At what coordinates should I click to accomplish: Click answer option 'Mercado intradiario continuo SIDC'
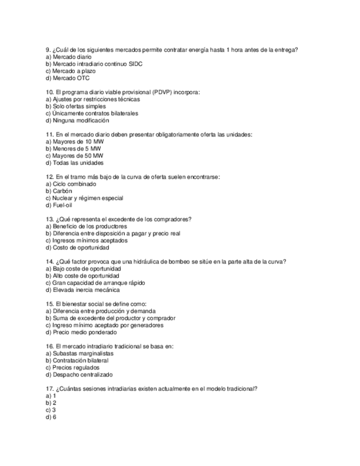(x=97, y=64)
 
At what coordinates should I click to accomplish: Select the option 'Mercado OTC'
(x=71, y=78)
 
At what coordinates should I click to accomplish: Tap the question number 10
(x=49, y=92)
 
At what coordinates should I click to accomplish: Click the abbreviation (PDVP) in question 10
(x=162, y=92)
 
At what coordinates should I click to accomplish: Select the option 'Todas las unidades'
(x=78, y=163)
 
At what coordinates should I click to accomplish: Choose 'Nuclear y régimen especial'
(x=88, y=198)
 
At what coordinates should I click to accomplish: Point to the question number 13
(x=49, y=219)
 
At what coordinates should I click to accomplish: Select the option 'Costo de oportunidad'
(x=80, y=247)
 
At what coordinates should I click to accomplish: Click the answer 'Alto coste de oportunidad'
(x=86, y=276)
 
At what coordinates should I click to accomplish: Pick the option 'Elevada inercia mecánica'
(x=86, y=290)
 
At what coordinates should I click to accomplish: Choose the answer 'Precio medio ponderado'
(x=85, y=332)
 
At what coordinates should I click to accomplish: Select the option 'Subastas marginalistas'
(x=83, y=353)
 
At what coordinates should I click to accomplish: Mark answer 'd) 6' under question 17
(x=51, y=417)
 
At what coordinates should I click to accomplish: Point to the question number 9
(x=47, y=50)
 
